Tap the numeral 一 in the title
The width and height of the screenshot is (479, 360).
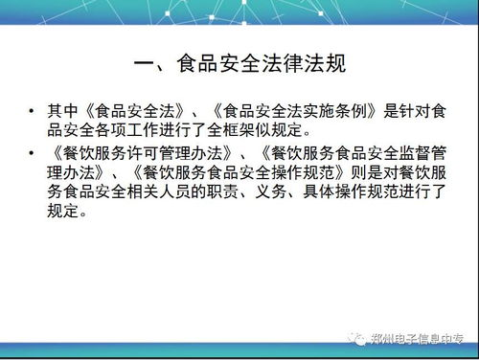click(147, 65)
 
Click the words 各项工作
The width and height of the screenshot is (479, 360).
click(136, 130)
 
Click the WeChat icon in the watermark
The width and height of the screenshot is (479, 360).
click(358, 337)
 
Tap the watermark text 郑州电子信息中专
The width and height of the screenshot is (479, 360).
click(418, 338)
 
